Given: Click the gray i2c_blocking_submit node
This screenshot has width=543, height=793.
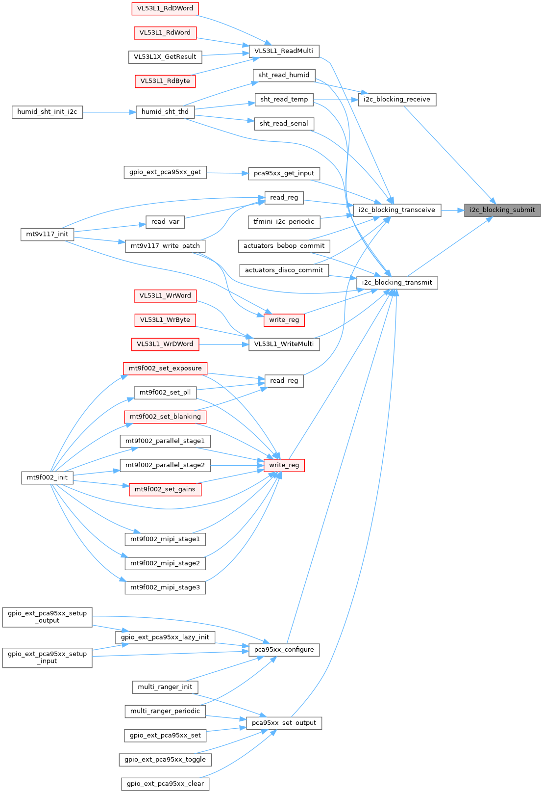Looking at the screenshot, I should pyautogui.click(x=502, y=210).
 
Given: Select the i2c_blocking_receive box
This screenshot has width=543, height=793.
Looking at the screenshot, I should pyautogui.click(x=396, y=100).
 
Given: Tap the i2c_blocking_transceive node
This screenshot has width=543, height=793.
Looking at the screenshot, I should pyautogui.click(x=396, y=210).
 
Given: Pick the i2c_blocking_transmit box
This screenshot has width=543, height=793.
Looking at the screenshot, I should pyautogui.click(x=396, y=283).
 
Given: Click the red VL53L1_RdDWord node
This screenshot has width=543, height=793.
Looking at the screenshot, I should pyautogui.click(x=165, y=8).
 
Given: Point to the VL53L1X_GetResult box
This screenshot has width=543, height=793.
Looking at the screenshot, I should pyautogui.click(x=165, y=57).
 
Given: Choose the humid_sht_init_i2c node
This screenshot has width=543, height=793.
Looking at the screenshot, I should pyautogui.click(x=47, y=112).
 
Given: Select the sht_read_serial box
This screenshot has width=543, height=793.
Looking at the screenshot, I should pyautogui.click(x=284, y=124).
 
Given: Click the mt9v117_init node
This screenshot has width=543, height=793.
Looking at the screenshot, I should pyautogui.click(x=47, y=234).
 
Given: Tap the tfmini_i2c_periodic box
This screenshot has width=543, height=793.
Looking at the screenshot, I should pyautogui.click(x=284, y=222).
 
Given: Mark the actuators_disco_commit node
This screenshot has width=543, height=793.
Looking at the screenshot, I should pyautogui.click(x=284, y=270).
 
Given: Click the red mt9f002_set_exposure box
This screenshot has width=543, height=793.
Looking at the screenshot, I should pyautogui.click(x=165, y=369).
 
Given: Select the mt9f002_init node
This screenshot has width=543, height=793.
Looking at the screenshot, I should pyautogui.click(x=47, y=477).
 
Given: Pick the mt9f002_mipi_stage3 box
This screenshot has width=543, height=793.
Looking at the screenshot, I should pyautogui.click(x=165, y=587).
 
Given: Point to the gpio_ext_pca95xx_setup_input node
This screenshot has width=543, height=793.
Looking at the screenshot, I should pyautogui.click(x=47, y=658).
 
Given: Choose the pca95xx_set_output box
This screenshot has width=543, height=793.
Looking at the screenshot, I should pyautogui.click(x=284, y=723).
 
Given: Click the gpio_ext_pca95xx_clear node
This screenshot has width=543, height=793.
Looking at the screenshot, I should pyautogui.click(x=165, y=784).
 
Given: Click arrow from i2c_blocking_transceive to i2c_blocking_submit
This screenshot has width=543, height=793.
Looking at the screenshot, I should pyautogui.click(x=452, y=210).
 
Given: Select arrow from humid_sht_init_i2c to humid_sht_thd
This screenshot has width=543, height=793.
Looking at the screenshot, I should pyautogui.click(x=109, y=112).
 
